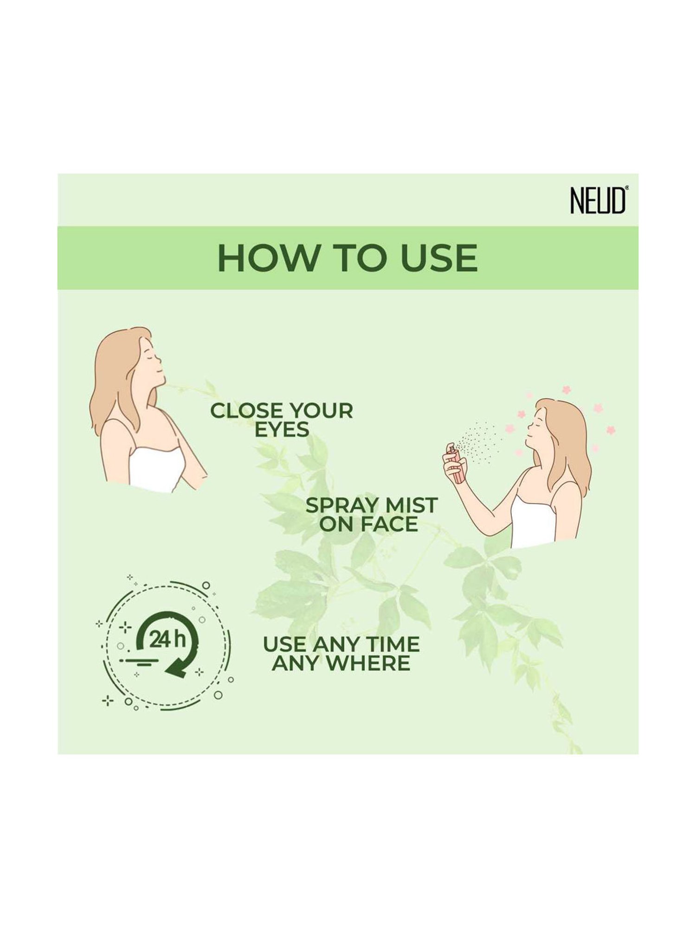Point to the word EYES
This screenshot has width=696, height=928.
[282, 430]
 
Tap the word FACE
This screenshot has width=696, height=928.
[389, 524]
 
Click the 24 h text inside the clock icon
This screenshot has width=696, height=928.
[167, 641]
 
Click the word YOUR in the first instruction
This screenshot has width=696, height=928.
[320, 411]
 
